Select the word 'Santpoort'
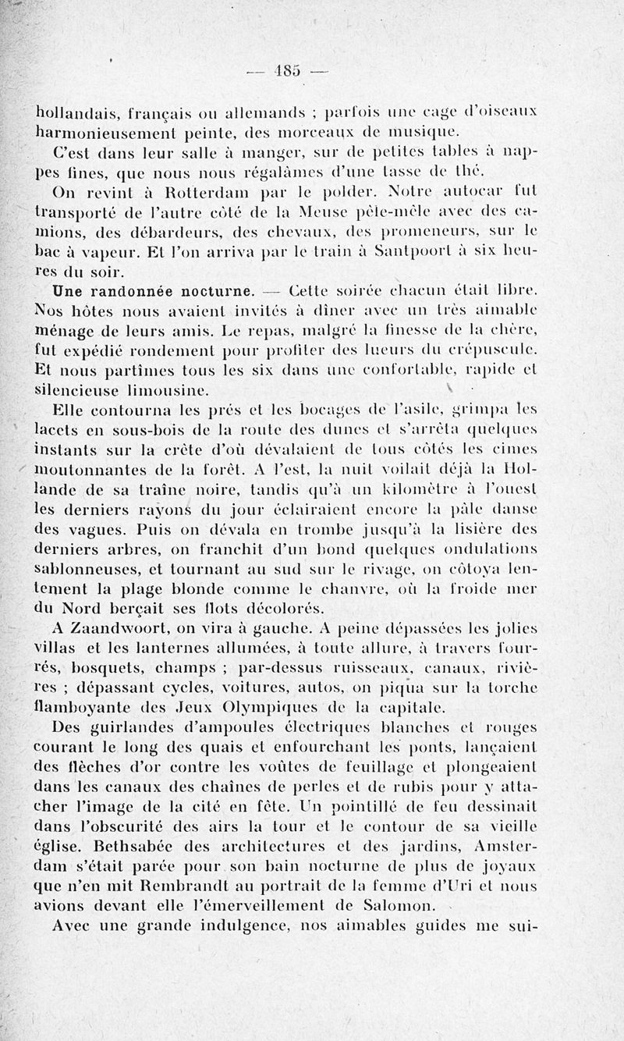(x=411, y=251)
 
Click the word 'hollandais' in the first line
(x=76, y=111)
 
